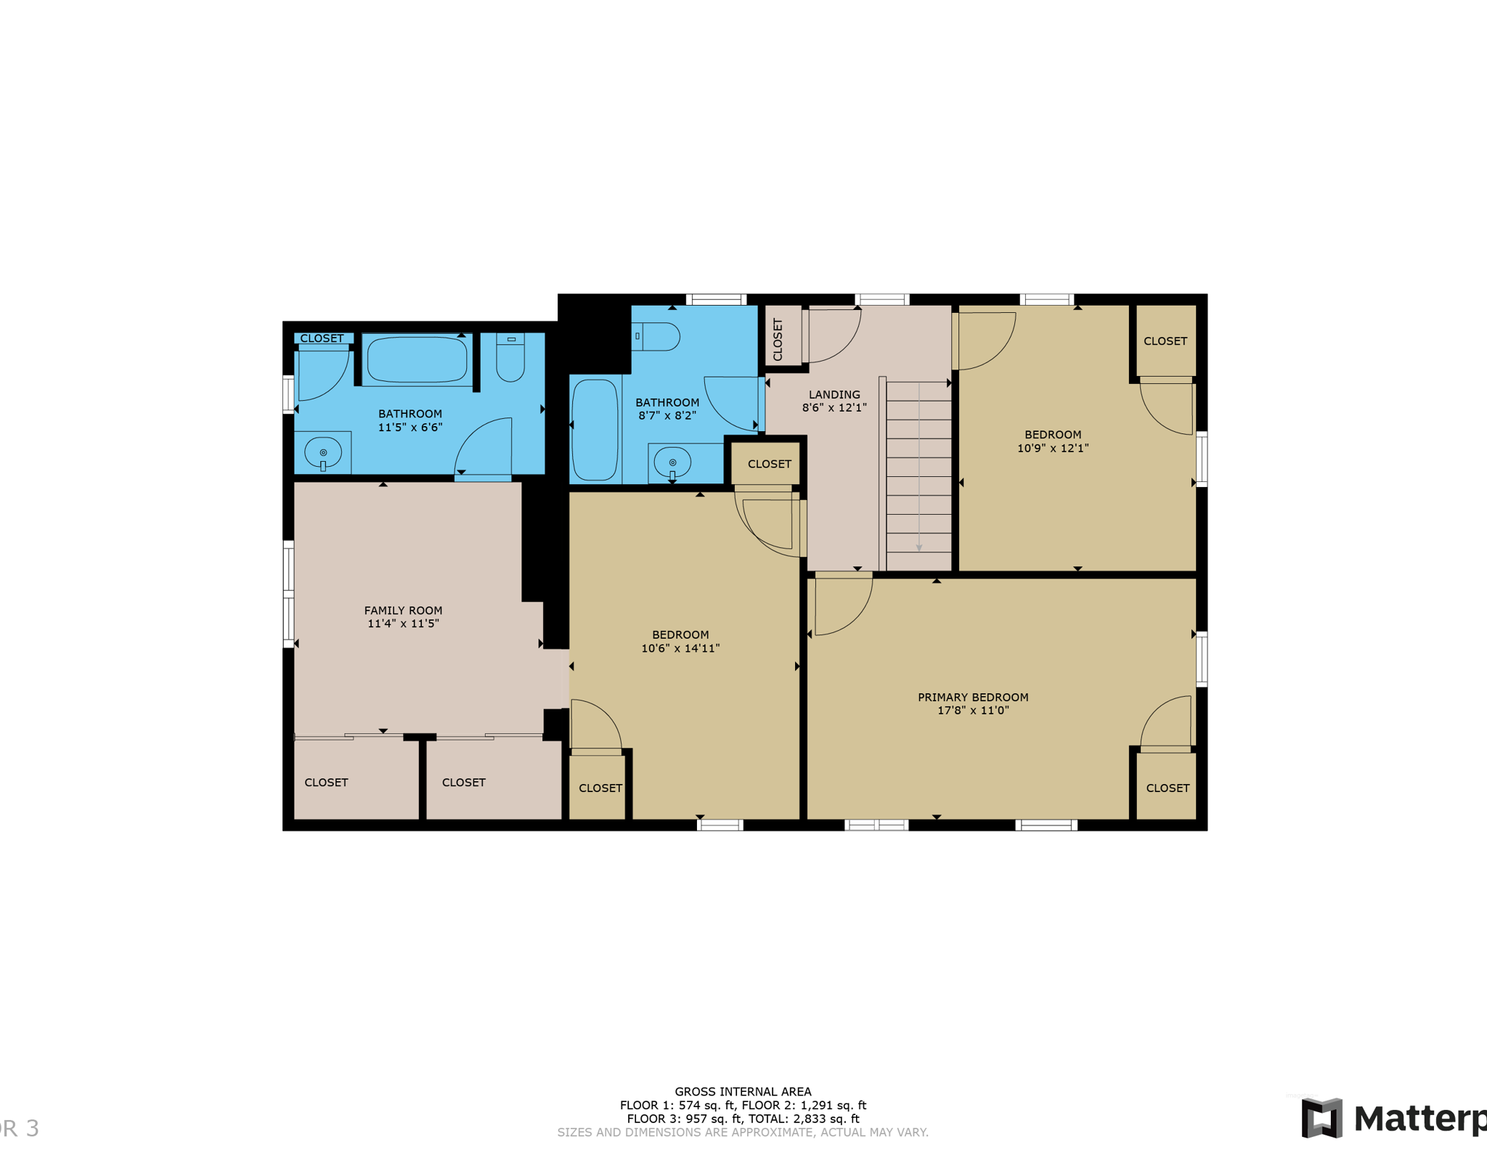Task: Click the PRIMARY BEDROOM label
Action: click(x=973, y=697)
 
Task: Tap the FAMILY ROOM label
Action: click(x=403, y=611)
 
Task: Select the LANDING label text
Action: click(x=834, y=394)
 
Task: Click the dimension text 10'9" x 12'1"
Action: click(x=1053, y=448)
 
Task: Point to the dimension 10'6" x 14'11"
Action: click(x=680, y=648)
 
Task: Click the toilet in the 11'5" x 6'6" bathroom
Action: click(x=510, y=357)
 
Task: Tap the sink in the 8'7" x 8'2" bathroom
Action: click(x=673, y=463)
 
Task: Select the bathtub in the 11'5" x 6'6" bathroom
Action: click(x=417, y=359)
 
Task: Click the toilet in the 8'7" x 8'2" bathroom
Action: click(x=655, y=337)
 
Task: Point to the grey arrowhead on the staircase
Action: click(x=919, y=548)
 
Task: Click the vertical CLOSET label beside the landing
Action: click(x=778, y=340)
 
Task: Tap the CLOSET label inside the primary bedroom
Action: click(x=1168, y=788)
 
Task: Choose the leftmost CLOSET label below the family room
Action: click(x=326, y=782)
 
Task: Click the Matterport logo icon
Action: click(x=1321, y=1118)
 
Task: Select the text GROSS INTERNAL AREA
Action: click(x=743, y=1091)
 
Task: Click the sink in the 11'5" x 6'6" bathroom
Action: click(x=323, y=454)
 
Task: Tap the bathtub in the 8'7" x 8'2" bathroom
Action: click(x=595, y=430)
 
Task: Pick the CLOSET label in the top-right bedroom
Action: click(x=1165, y=340)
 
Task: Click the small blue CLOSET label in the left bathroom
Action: click(x=322, y=338)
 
